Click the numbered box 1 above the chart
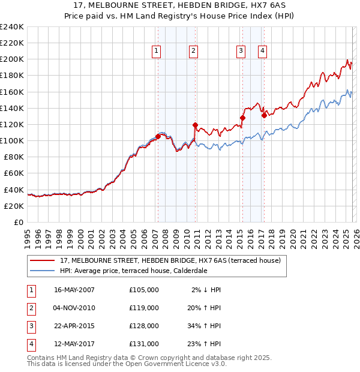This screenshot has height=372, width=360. [x=156, y=52]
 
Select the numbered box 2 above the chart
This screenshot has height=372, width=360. [x=193, y=52]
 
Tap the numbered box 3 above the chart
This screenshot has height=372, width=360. [x=241, y=52]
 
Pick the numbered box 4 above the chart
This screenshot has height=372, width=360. [x=263, y=52]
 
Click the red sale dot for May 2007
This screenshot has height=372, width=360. [x=158, y=136]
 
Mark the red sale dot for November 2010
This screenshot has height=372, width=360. [x=195, y=125]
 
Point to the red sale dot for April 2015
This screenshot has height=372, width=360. [x=242, y=118]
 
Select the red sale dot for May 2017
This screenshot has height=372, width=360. [x=264, y=115]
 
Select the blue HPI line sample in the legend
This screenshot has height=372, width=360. [x=43, y=271]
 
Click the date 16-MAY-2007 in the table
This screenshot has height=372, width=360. [x=74, y=289]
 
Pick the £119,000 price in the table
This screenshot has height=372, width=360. [x=144, y=307]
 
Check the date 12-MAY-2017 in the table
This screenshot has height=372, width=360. [x=74, y=344]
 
